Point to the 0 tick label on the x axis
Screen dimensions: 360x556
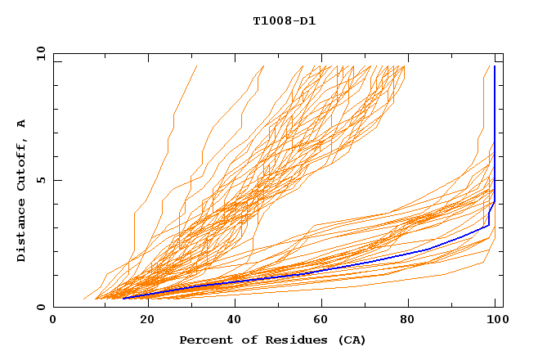coord(53,320)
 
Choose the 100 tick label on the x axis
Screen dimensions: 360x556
coord(496,320)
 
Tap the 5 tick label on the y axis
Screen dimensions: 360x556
coord(40,180)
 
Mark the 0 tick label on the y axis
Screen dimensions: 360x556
coord(40,307)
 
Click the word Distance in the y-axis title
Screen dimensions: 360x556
coord(22,232)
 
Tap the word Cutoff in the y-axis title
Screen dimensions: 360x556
coord(22,169)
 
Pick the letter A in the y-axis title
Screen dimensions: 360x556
coord(22,124)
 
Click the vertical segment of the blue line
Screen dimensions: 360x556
coord(495,131)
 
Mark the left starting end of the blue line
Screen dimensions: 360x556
coord(123,298)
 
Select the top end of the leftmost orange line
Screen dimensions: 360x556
coord(197,65)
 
